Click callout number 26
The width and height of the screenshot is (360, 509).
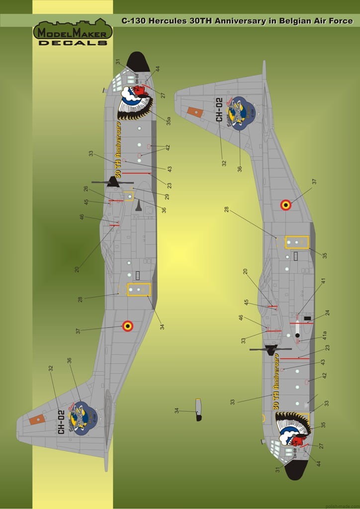pos(86,189)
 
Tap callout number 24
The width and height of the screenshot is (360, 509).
pos(327,313)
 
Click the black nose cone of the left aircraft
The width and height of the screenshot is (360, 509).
pos(138,62)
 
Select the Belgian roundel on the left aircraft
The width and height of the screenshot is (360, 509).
pos(128,326)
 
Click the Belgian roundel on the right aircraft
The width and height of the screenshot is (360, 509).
pos(285,205)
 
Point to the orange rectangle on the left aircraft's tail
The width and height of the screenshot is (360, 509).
pos(37,420)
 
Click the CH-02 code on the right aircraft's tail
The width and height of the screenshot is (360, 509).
pos(218,110)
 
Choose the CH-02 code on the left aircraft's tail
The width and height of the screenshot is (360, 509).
pos(61,422)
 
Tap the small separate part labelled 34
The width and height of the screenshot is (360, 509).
pos(198,410)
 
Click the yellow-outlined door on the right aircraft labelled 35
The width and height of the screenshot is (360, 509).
pos(297,242)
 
